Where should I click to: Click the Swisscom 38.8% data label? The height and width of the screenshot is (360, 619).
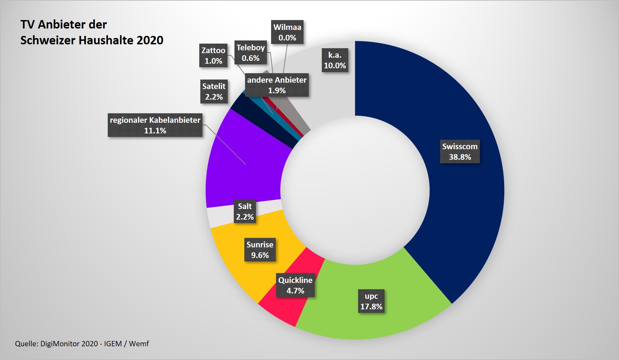459,152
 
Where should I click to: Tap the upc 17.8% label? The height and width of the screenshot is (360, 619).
371,301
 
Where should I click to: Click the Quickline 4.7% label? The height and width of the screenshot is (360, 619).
295,285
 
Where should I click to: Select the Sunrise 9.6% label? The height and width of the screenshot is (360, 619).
260,250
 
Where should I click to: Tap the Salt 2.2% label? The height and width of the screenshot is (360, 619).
245,211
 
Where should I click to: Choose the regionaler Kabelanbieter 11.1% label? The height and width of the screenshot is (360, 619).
155,125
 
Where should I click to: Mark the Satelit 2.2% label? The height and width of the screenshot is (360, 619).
214,91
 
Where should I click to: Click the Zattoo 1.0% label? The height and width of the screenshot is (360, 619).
213,56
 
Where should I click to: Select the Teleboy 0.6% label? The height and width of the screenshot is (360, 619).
250,53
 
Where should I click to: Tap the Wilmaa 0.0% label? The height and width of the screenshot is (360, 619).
287,32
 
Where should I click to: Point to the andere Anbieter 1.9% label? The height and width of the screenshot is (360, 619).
277,85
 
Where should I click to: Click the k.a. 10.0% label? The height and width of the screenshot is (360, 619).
335,60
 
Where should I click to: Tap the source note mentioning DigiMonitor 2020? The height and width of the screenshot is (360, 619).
82,343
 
